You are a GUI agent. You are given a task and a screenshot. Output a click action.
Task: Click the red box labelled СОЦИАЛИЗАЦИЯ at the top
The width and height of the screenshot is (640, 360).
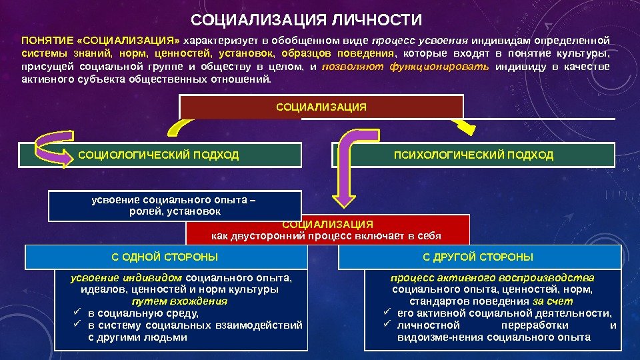coord(321,107)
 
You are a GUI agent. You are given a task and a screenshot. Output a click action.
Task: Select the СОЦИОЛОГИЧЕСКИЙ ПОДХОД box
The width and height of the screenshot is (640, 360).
coord(158,155)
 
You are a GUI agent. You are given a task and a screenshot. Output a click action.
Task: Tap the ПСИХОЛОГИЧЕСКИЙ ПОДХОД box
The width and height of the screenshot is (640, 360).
coord(473,155)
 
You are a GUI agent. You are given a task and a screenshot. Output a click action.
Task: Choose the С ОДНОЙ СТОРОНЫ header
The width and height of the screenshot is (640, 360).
coord(165,257)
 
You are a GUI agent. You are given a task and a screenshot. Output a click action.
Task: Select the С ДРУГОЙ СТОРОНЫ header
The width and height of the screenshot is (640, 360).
coord(478,257)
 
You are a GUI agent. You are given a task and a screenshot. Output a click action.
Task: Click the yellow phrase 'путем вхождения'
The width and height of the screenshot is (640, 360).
coord(179,301)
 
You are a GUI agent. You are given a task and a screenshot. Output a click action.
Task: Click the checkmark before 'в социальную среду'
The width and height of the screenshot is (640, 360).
coord(77,313)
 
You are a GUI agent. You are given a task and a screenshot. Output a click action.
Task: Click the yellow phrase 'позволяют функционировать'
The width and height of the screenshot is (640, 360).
coord(405,67)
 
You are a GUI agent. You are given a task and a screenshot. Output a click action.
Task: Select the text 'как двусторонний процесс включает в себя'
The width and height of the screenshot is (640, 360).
coord(327,236)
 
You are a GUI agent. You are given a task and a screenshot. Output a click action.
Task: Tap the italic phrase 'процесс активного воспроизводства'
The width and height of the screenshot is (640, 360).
coord(493,277)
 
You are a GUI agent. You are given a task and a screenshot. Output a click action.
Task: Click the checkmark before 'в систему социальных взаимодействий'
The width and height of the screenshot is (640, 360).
coord(77,325)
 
